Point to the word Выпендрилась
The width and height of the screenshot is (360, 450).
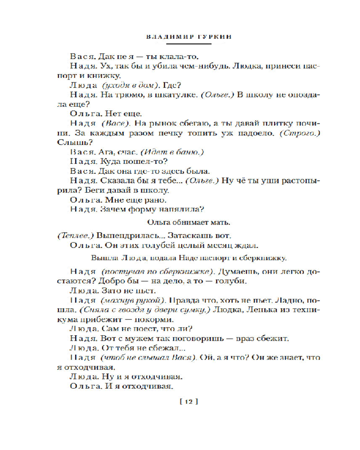tap(120, 236)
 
